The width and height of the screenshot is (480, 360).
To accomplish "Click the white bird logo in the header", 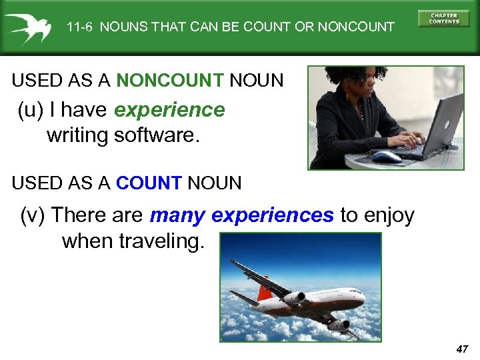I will click(27, 27).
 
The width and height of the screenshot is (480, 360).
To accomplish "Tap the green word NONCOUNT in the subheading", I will click(169, 81).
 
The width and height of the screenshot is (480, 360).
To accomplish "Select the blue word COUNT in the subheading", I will click(149, 182).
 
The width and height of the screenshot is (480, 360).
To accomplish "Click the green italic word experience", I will click(169, 110).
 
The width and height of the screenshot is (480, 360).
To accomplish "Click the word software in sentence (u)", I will click(157, 135).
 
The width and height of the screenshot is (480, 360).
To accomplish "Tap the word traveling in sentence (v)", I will click(161, 241).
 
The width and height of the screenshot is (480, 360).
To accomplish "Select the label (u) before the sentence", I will click(30, 110).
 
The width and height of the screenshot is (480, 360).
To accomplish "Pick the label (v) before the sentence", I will click(33, 215).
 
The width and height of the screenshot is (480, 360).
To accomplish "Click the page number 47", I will click(463, 349).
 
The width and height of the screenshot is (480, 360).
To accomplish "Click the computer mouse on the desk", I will click(386, 157).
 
